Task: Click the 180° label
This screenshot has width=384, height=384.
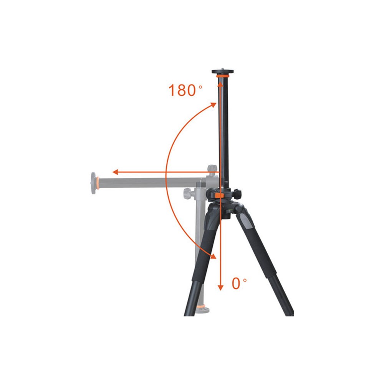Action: click(x=185, y=90)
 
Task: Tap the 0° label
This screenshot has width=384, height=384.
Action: click(x=239, y=284)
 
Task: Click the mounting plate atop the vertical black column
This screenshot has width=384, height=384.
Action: click(x=222, y=72)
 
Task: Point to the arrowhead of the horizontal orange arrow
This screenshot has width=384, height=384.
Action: click(x=116, y=172)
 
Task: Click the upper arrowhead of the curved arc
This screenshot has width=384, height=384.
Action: click(x=213, y=104)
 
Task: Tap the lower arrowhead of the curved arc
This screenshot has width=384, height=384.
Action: click(x=213, y=255)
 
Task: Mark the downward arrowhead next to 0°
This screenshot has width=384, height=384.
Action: click(x=221, y=287)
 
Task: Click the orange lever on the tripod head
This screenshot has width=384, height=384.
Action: click(x=220, y=195)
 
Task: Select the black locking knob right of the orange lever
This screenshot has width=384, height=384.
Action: click(x=237, y=194)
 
